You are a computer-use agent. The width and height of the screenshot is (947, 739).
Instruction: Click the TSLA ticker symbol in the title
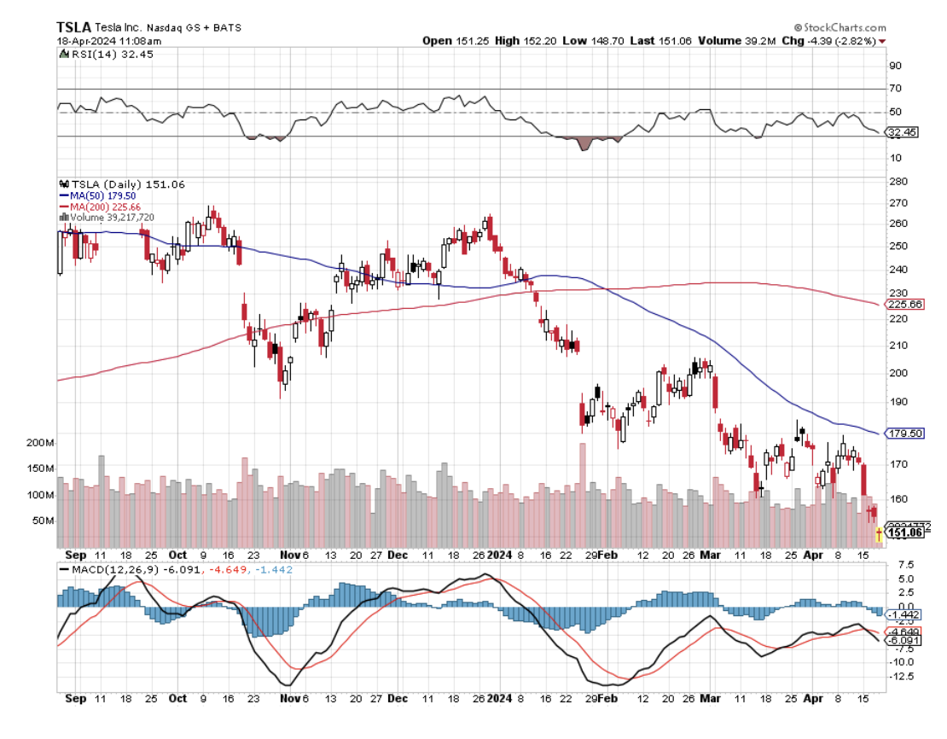click(75, 27)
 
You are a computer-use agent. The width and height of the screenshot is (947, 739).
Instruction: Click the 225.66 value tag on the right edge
click(905, 305)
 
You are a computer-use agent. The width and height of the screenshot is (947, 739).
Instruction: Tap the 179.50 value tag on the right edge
click(905, 434)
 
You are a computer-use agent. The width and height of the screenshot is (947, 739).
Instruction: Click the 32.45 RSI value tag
click(903, 132)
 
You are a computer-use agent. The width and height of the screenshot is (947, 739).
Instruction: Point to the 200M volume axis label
click(40, 444)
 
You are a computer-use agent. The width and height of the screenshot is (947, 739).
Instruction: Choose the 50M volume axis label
click(43, 521)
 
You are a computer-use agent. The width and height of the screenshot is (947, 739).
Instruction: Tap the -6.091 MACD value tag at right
click(904, 640)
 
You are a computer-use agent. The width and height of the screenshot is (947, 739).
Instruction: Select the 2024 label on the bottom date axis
click(498, 697)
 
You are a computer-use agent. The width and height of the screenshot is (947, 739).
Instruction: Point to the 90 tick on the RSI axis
click(895, 66)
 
